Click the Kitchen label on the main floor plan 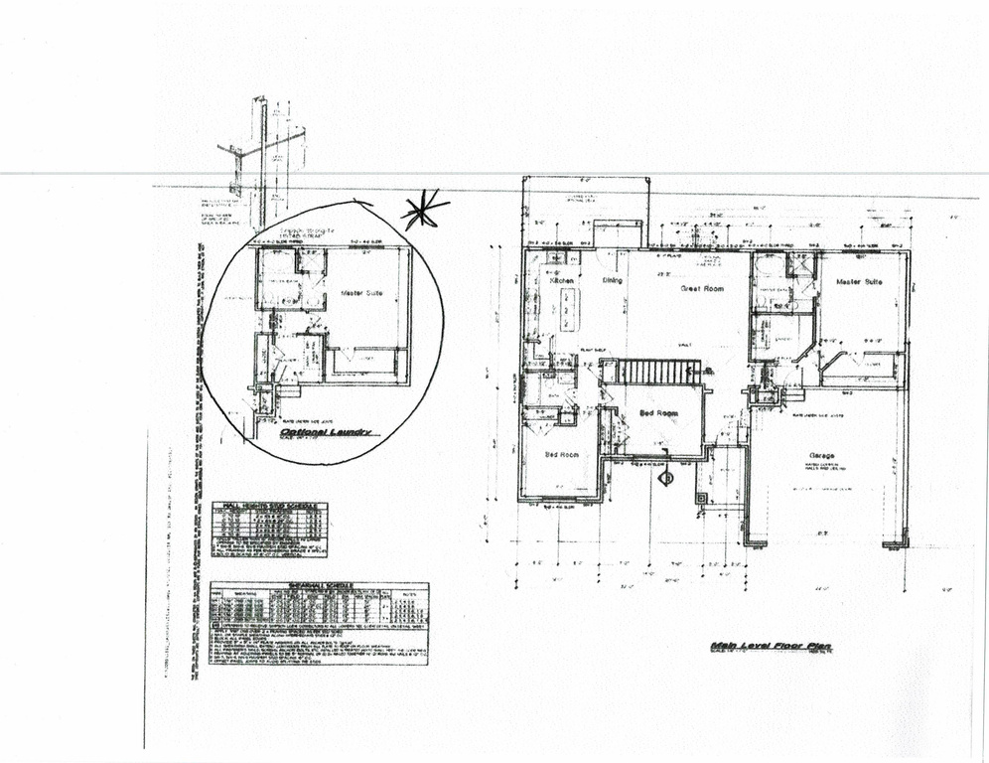[x=561, y=281]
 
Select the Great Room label [x=701, y=289]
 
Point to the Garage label [x=820, y=456]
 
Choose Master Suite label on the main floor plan [x=860, y=282]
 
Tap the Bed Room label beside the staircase [x=658, y=412]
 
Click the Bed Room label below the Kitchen [x=563, y=455]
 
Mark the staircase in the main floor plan [x=659, y=373]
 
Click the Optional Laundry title [x=325, y=433]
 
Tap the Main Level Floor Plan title [x=771, y=647]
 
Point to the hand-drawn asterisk [x=424, y=211]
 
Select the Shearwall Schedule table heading [x=319, y=586]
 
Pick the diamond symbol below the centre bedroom [x=666, y=478]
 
